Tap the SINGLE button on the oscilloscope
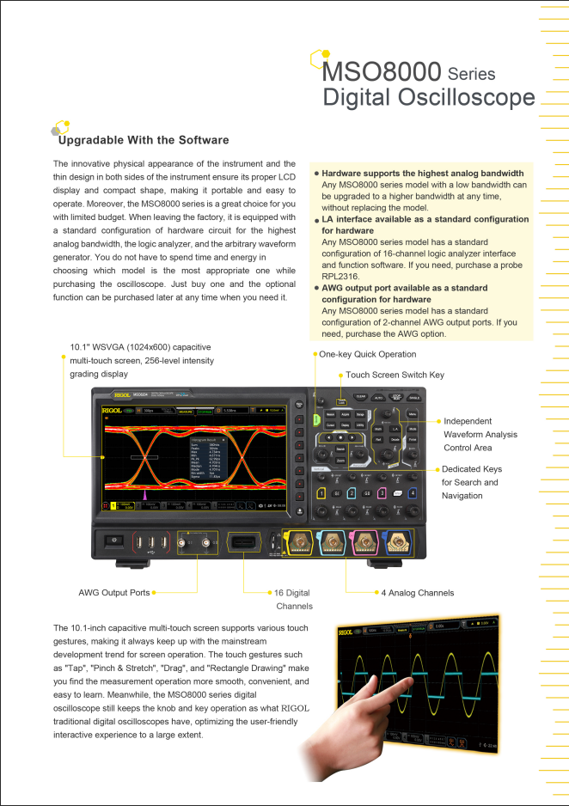tap(414, 397)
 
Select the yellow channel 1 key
tap(321, 492)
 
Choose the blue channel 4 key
tap(413, 492)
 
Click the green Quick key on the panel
tap(316, 418)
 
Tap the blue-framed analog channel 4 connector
tap(398, 542)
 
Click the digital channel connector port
tap(243, 543)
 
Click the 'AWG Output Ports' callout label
tap(114, 593)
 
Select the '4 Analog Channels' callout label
tap(417, 593)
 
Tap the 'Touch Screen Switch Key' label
tap(395, 376)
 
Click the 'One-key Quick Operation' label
tap(367, 354)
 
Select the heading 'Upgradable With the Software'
tap(144, 140)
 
